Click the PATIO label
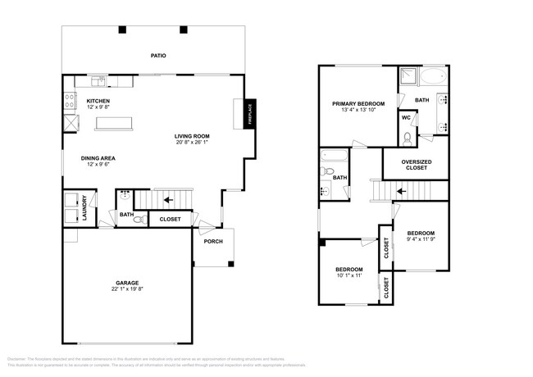point(158,56)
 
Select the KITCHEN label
point(98,101)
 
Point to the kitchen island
point(115,123)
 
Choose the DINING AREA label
point(97,159)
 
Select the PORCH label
point(214,252)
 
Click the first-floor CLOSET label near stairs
point(170,219)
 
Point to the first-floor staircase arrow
point(167,199)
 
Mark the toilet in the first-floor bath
point(139,219)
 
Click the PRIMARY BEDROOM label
point(358,104)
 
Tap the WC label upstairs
point(406,117)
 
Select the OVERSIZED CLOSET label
point(417,165)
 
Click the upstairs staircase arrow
point(401,191)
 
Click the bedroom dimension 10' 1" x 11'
point(348,276)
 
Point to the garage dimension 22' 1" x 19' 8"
point(126,288)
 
